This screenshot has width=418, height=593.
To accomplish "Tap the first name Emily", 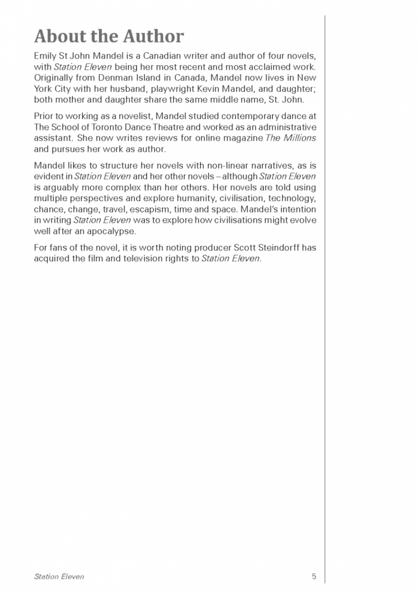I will coord(45,56).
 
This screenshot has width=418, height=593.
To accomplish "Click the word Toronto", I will coord(103,127).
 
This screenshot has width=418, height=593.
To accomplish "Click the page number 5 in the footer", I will coord(314,577).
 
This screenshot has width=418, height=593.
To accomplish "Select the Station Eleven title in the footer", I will coord(59,577).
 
